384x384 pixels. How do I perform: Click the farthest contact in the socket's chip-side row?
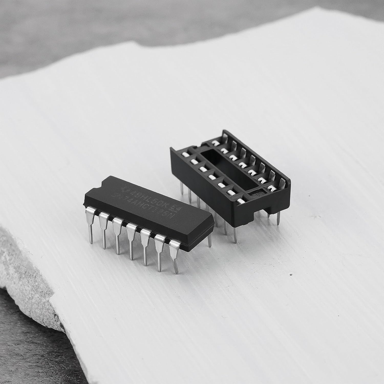click(185, 155)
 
